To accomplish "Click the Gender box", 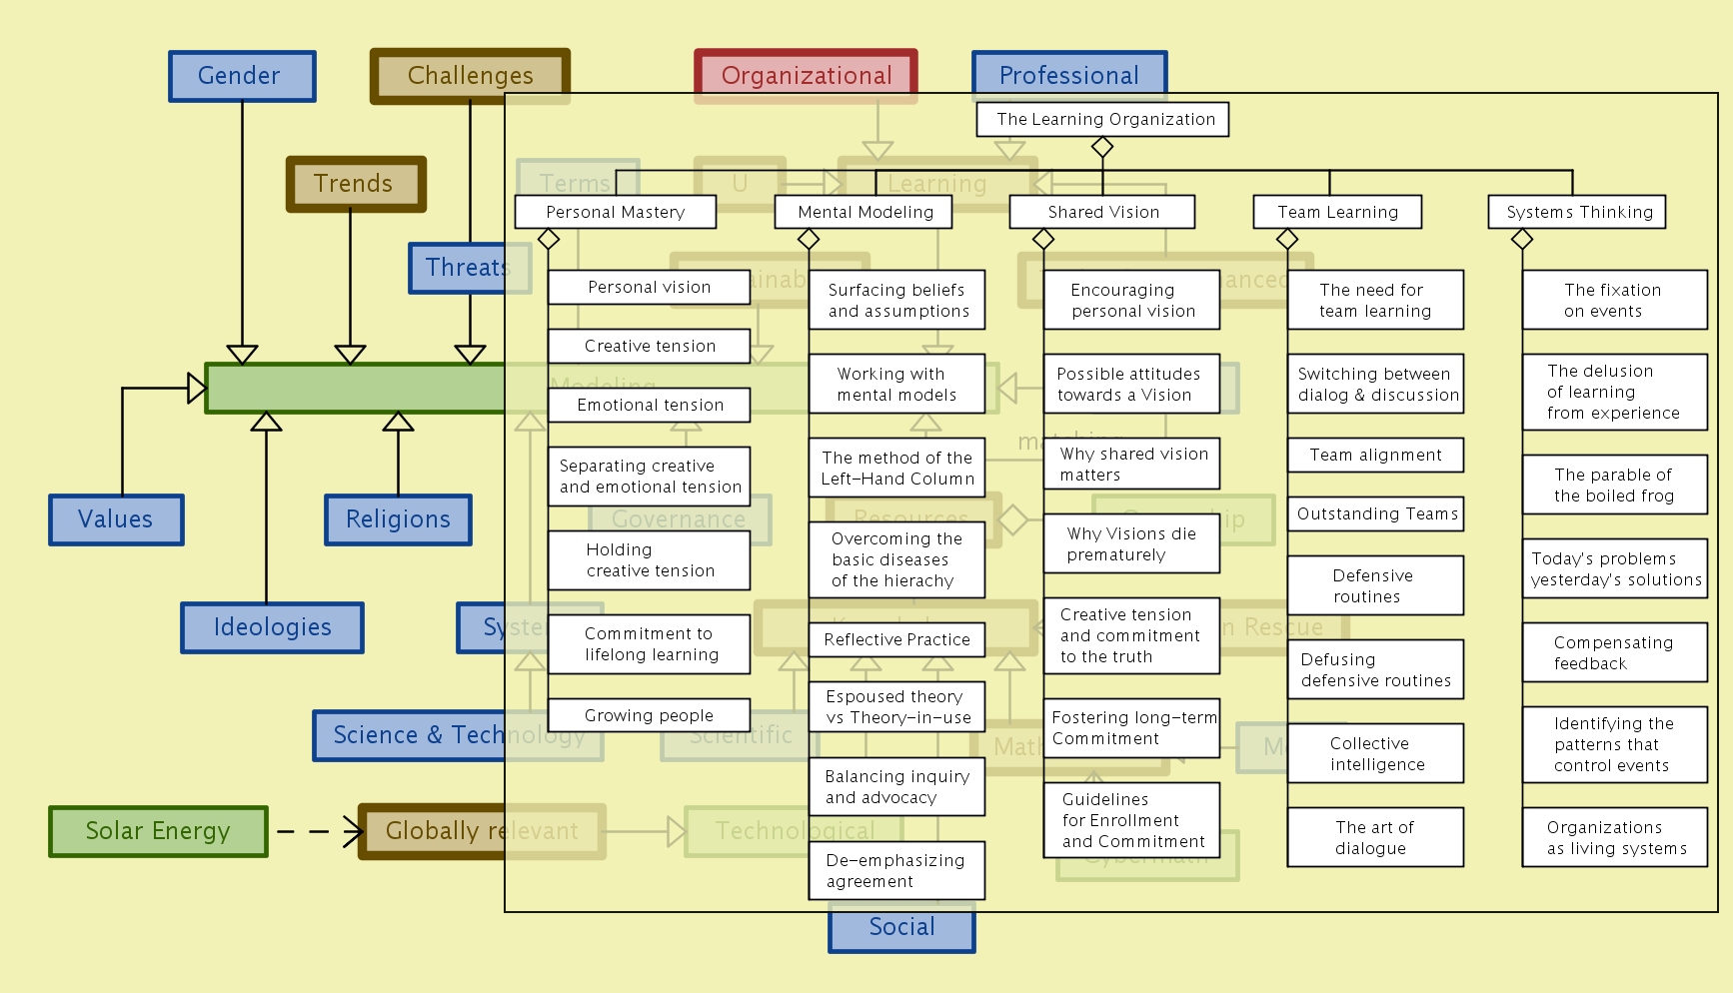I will (242, 76).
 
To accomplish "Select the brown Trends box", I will (356, 184).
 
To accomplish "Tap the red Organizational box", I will (806, 76).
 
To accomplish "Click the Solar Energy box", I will (158, 831).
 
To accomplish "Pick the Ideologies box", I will (272, 627).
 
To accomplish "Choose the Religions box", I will (398, 519).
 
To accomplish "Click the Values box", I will (116, 519).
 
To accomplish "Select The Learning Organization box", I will (1102, 120).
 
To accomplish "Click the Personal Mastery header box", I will (615, 212).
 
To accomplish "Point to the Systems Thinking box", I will (1576, 212).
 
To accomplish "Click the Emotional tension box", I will (649, 405).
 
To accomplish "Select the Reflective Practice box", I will (896, 639).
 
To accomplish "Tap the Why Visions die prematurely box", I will (1131, 544).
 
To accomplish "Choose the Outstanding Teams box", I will (1375, 514).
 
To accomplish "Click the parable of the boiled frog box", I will (1614, 486).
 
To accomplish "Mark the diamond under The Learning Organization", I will (1102, 148).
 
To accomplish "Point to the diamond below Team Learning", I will (1287, 240).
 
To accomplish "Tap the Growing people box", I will (649, 715).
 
